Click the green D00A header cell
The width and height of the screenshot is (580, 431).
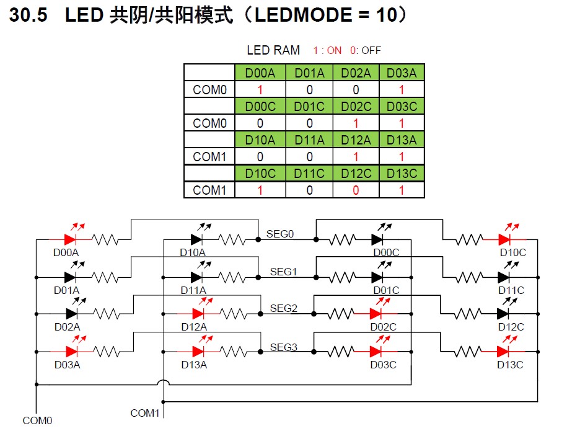click(260, 73)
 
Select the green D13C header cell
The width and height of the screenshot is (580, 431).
click(402, 174)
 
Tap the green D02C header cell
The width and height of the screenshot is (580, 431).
click(356, 107)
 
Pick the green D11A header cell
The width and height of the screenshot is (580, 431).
click(309, 140)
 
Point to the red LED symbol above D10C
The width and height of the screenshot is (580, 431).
click(506, 238)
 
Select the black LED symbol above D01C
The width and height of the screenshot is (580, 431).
click(379, 276)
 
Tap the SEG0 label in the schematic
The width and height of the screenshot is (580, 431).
click(280, 234)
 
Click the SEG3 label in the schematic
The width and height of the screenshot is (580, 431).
click(284, 347)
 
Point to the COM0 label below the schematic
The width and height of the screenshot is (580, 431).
click(38, 421)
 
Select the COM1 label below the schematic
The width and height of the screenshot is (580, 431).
click(145, 413)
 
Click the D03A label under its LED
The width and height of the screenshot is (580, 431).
click(67, 365)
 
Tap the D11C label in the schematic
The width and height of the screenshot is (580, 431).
click(511, 290)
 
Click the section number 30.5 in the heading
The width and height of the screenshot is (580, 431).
click(29, 16)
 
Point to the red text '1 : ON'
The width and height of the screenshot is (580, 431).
click(327, 51)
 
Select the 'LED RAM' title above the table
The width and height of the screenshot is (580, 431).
click(273, 50)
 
